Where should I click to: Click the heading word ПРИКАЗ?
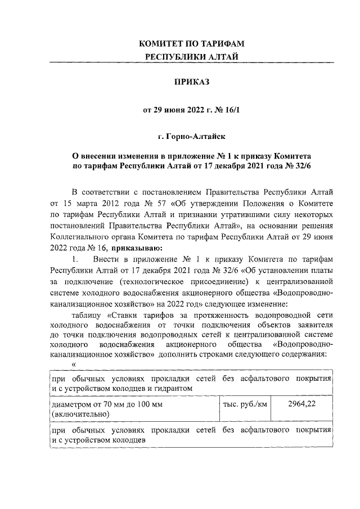point(191,83)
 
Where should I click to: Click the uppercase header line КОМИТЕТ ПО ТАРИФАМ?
point(191,43)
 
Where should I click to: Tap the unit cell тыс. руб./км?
point(245,405)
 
